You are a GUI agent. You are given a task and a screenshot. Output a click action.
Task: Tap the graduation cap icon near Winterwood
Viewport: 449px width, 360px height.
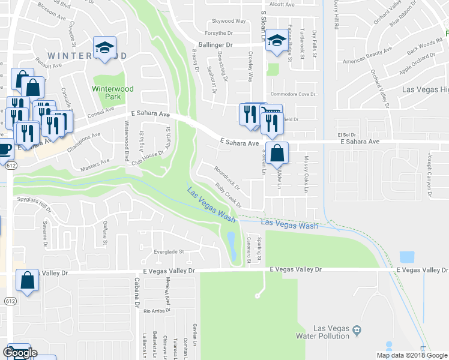(x=104, y=47)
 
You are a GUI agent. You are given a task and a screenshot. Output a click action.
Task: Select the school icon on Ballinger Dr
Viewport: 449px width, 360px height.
(x=276, y=41)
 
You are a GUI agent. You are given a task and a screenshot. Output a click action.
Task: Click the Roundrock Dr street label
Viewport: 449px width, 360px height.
(x=227, y=176)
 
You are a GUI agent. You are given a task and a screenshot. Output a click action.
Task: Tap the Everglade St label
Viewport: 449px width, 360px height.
(x=168, y=251)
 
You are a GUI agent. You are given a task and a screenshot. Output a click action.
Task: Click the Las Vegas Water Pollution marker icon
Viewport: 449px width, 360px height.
(x=357, y=329)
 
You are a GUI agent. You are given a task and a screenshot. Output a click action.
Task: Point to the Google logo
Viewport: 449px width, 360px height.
(x=20, y=353)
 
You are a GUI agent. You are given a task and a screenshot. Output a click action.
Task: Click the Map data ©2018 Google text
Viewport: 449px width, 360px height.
(x=412, y=355)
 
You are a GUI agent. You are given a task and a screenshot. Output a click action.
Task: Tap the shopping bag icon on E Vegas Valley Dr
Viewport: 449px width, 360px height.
(x=28, y=280)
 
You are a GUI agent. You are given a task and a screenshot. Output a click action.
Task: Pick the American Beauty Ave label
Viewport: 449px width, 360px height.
(x=366, y=62)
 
